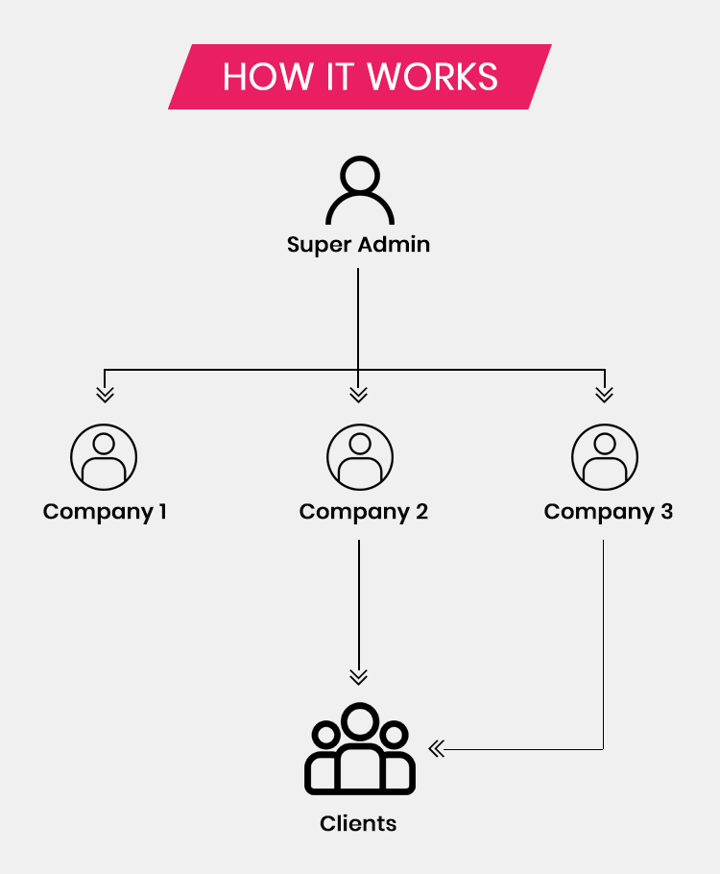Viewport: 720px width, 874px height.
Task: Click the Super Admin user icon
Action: coord(359,191)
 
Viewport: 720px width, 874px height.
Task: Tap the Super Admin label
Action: coord(358,244)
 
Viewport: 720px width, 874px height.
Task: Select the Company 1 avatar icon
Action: coord(104,456)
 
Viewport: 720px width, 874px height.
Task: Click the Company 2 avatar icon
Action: coord(359,456)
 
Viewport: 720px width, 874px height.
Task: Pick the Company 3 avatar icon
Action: coord(604,456)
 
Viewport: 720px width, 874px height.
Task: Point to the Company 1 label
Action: coord(105,511)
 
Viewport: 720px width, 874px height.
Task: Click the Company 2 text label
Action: coord(363,511)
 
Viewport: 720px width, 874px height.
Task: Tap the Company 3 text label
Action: coord(608,511)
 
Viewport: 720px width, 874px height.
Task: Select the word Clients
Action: coord(358,823)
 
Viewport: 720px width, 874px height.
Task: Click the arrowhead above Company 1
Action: coord(105,394)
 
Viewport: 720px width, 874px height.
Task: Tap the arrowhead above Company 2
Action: coord(358,394)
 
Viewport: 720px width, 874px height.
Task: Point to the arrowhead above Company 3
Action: coord(604,394)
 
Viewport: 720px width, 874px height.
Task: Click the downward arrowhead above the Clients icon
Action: coord(358,677)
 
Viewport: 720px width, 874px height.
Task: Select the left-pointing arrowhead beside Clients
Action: coord(437,749)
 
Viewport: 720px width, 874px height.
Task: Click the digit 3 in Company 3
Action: coord(666,511)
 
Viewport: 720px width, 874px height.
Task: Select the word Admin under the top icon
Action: coord(394,244)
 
